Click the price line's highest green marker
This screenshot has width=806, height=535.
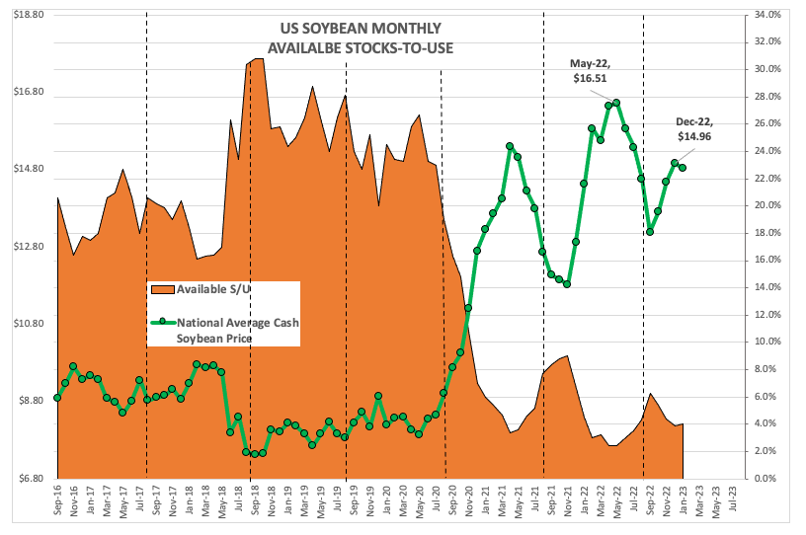click(616, 103)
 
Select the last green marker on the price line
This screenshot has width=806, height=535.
click(683, 168)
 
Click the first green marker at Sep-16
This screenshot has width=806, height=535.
click(57, 398)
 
